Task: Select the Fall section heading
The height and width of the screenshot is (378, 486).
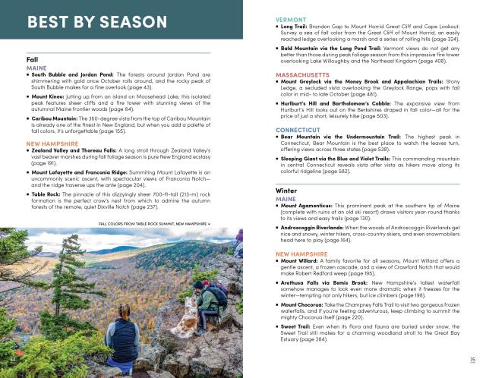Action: [x=33, y=58]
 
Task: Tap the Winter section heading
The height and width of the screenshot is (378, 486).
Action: [x=286, y=190]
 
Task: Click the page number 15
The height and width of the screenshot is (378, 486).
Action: [x=472, y=361]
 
